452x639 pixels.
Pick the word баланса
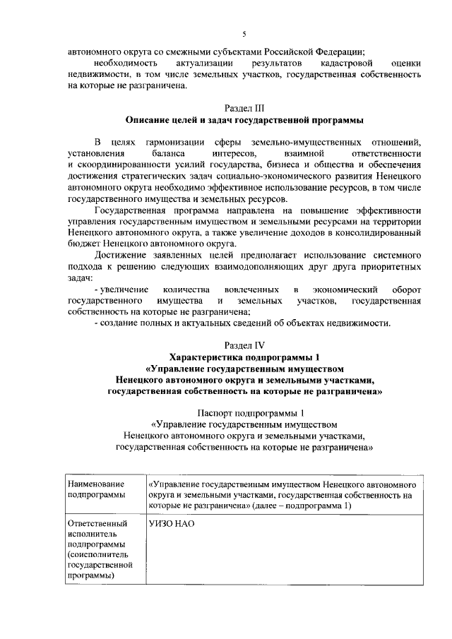167,153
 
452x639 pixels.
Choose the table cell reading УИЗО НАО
172,525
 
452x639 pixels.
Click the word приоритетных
391,272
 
